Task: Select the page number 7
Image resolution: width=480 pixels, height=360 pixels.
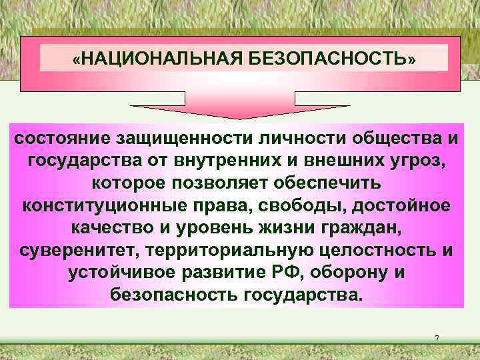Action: (x=437, y=339)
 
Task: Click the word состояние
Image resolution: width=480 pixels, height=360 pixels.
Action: (x=64, y=139)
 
